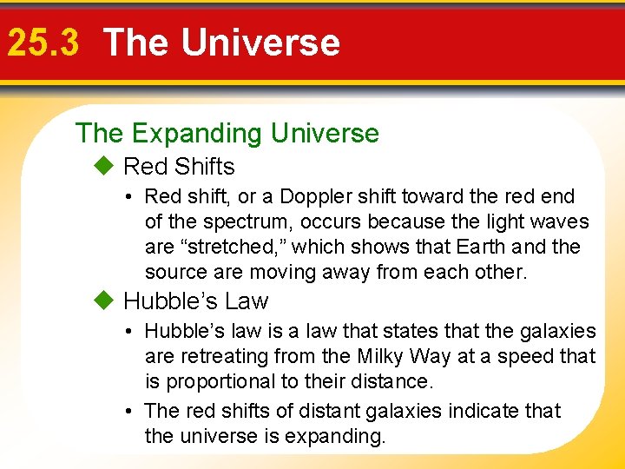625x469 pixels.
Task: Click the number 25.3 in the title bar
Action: tap(44, 43)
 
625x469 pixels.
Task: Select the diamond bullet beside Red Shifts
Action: tap(105, 165)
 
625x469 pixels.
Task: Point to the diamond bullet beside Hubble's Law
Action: tap(105, 301)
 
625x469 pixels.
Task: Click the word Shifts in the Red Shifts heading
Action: tap(204, 166)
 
